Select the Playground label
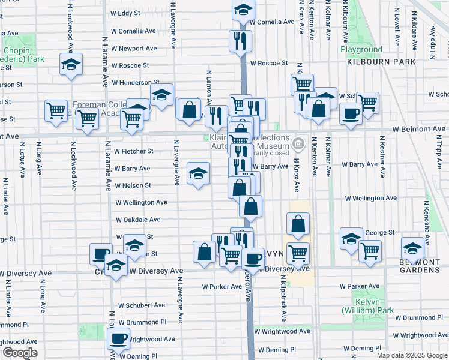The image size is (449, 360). [x=361, y=49]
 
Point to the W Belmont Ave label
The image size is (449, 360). [x=420, y=129]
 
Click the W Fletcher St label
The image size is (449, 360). [x=134, y=151]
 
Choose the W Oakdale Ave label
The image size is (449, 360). [x=142, y=220]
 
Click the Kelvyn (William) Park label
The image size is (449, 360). [x=367, y=306]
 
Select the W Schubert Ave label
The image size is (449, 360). [x=142, y=305]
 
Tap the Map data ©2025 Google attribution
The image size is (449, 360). [x=412, y=355]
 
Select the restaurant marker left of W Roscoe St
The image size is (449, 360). [x=240, y=41]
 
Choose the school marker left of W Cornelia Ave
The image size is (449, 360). [x=243, y=9]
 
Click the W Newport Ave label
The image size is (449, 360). [x=136, y=49]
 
